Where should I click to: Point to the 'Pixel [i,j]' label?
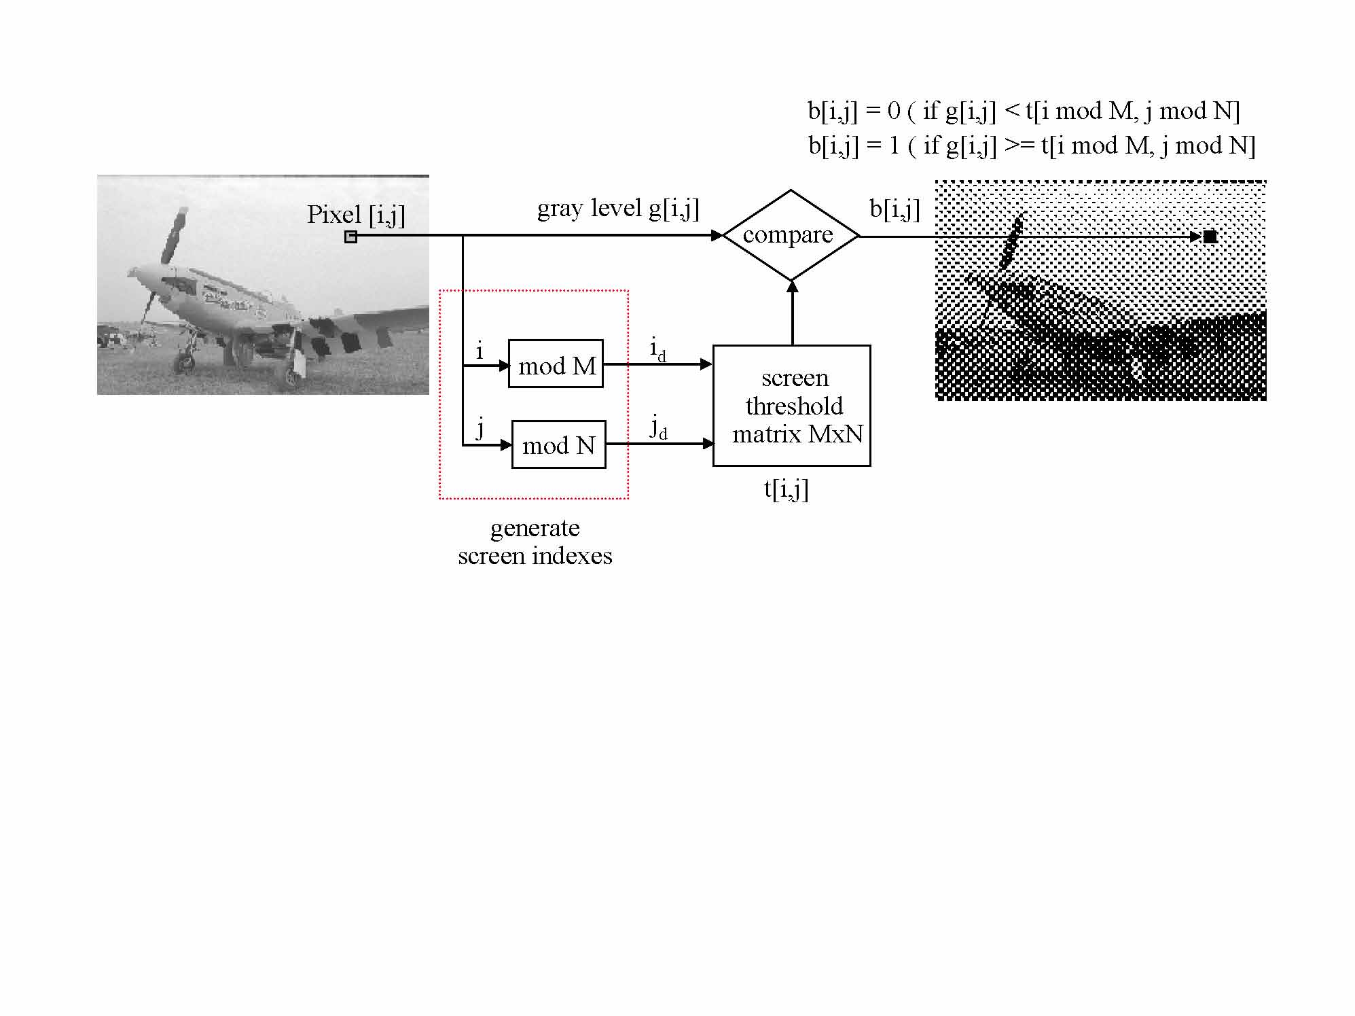356,215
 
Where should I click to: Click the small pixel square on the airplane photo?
350,237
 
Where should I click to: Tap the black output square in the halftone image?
1210,237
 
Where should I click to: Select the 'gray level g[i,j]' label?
618,208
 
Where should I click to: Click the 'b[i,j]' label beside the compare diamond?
895,209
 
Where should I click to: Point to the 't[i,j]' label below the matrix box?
786,489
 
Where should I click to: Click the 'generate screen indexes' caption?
535,542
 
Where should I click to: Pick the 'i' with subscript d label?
657,349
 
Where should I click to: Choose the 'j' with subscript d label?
659,428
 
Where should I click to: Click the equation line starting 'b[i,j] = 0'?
1024,111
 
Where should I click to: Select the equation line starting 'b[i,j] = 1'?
1032,145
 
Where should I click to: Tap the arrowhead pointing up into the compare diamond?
792,287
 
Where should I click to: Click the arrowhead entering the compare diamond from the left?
717,235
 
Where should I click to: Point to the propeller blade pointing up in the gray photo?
174,235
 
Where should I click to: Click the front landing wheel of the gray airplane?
184,363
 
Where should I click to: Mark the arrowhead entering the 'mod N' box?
506,445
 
